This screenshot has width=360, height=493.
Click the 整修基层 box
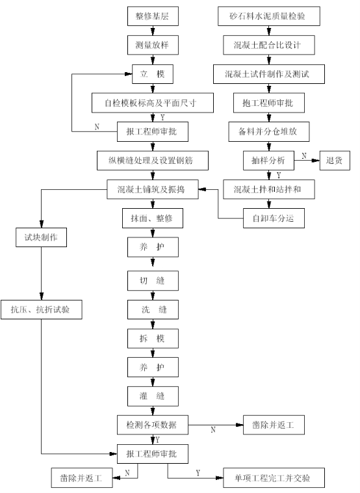[x=153, y=16]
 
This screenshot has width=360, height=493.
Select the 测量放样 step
[x=153, y=45]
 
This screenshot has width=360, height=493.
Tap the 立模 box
[x=153, y=74]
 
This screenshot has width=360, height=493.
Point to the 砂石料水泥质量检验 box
[x=269, y=16]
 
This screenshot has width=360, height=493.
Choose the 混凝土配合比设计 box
[x=269, y=45]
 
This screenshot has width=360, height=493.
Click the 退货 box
[x=335, y=161]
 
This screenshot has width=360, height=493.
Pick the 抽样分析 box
[x=268, y=161]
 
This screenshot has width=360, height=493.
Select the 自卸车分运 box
[x=274, y=218]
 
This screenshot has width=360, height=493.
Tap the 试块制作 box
[x=41, y=237]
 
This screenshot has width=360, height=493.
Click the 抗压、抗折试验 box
[x=42, y=310]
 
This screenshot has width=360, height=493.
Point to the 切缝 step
[x=153, y=281]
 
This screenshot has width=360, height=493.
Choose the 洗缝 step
[x=153, y=310]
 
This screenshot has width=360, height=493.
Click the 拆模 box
[x=153, y=339]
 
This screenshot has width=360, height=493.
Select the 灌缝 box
[x=153, y=396]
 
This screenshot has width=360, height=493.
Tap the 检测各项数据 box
[x=153, y=425]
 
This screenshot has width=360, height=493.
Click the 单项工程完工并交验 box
[x=274, y=478]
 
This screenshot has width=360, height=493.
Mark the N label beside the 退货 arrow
[x=304, y=155]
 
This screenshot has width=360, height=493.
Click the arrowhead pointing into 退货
[x=316, y=161]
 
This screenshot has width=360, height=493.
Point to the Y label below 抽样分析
[x=279, y=175]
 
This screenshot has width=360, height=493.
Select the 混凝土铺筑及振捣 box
[x=153, y=189]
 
